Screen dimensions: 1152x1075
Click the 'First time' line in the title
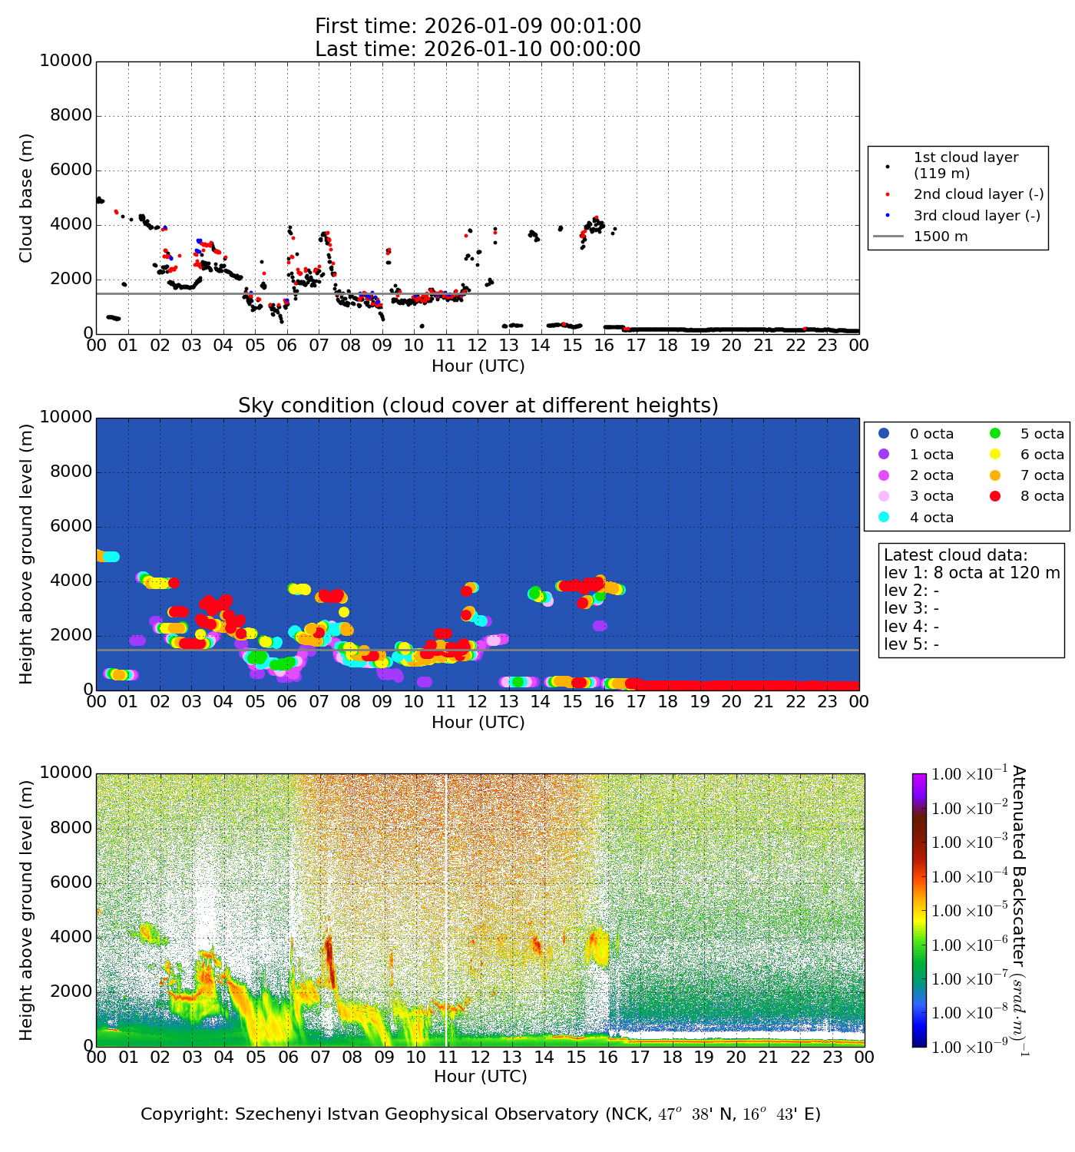coord(478,26)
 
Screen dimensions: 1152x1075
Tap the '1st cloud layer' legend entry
coord(965,165)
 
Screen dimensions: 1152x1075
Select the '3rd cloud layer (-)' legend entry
coord(977,216)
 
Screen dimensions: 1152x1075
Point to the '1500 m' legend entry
coord(941,237)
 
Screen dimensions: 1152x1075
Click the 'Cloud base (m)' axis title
coord(26,198)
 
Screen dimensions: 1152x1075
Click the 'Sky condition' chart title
coord(478,406)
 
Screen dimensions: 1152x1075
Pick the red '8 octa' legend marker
coord(996,496)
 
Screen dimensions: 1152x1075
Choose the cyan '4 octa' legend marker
coord(884,517)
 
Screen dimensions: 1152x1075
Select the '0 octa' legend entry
coord(931,434)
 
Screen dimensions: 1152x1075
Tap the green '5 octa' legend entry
coord(1042,434)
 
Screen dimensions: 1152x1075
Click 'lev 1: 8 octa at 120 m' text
coord(971,573)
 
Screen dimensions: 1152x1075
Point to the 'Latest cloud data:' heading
coord(955,555)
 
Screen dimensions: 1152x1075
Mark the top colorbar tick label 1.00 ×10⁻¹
coord(968,774)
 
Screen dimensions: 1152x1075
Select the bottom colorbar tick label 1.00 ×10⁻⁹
coord(968,1047)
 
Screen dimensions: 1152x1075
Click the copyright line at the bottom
coord(480,1114)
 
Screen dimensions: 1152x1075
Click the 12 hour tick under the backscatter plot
coord(480,1058)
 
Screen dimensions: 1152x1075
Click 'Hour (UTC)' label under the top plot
coord(478,366)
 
